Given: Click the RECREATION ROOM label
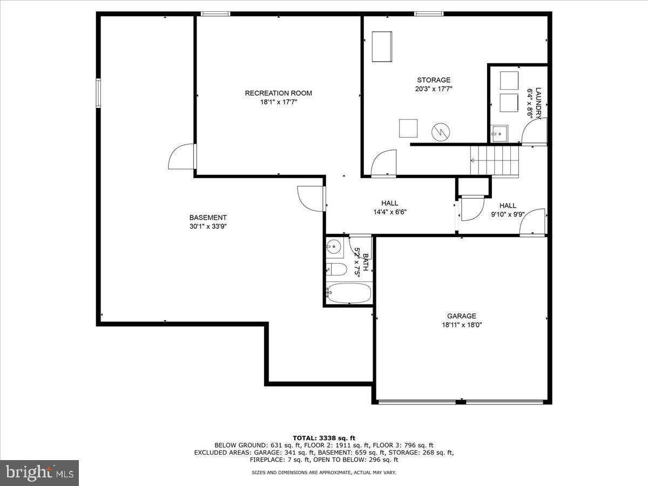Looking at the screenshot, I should [278, 93].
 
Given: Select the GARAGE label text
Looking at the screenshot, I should [461, 316].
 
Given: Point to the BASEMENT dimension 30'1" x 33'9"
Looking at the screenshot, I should [208, 227].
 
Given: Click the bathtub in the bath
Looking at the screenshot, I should [349, 293].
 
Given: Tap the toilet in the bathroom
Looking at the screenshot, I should [336, 269].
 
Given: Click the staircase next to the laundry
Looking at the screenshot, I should [494, 161].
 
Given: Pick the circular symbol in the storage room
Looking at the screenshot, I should [441, 131].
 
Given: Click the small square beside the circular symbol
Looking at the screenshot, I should [408, 128].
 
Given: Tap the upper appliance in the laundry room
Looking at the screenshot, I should [509, 80].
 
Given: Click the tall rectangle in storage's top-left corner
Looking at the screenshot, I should [382, 47].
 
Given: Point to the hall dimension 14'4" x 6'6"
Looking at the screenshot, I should [389, 212].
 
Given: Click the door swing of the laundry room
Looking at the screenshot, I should [536, 132].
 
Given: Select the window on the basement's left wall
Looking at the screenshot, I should [98, 93].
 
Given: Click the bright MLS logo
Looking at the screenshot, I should [39, 473].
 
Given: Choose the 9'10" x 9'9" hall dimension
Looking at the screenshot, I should [508, 214].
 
